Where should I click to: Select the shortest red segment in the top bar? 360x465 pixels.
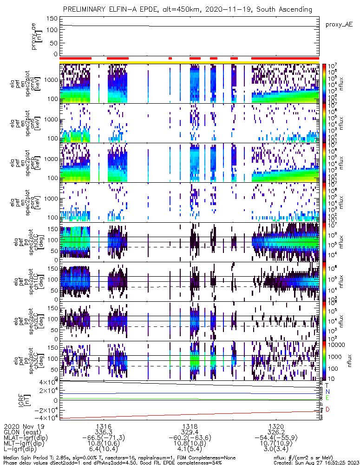170,58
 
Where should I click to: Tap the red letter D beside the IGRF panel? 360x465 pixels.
327,409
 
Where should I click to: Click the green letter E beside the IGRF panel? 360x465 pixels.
327,398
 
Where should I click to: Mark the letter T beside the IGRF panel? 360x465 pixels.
327,385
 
